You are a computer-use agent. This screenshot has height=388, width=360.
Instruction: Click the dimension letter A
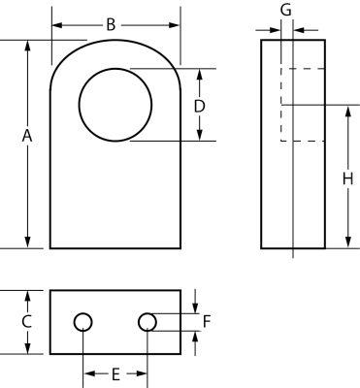pyautogui.click(x=27, y=139)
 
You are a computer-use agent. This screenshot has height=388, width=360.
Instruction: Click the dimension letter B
pyautogui.click(x=111, y=24)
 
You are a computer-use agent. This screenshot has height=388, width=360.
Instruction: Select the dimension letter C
pyautogui.click(x=27, y=321)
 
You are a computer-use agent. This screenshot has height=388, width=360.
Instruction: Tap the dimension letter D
pyautogui.click(x=199, y=105)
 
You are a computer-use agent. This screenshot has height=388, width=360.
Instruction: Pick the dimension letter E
pyautogui.click(x=115, y=373)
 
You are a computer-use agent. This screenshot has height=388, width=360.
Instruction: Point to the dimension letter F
pyautogui.click(x=206, y=321)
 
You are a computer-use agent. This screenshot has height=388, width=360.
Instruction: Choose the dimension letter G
pyautogui.click(x=284, y=10)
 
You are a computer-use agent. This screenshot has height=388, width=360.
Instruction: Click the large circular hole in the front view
pyautogui.click(x=115, y=105)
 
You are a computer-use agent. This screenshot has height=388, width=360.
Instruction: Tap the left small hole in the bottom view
pyautogui.click(x=83, y=321)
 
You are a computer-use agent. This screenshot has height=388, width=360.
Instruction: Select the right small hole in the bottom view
pyautogui.click(x=147, y=321)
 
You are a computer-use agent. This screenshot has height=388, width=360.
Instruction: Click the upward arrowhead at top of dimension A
pyautogui.click(x=27, y=47)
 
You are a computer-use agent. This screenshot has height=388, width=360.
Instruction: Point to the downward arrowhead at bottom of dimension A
pyautogui.click(x=27, y=242)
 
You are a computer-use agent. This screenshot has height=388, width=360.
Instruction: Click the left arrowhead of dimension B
pyautogui.click(x=56, y=24)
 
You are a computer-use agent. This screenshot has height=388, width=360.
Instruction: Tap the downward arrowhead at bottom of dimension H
pyautogui.click(x=346, y=242)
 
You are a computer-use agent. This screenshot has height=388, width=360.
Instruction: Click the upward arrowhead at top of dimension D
pyautogui.click(x=199, y=75)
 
